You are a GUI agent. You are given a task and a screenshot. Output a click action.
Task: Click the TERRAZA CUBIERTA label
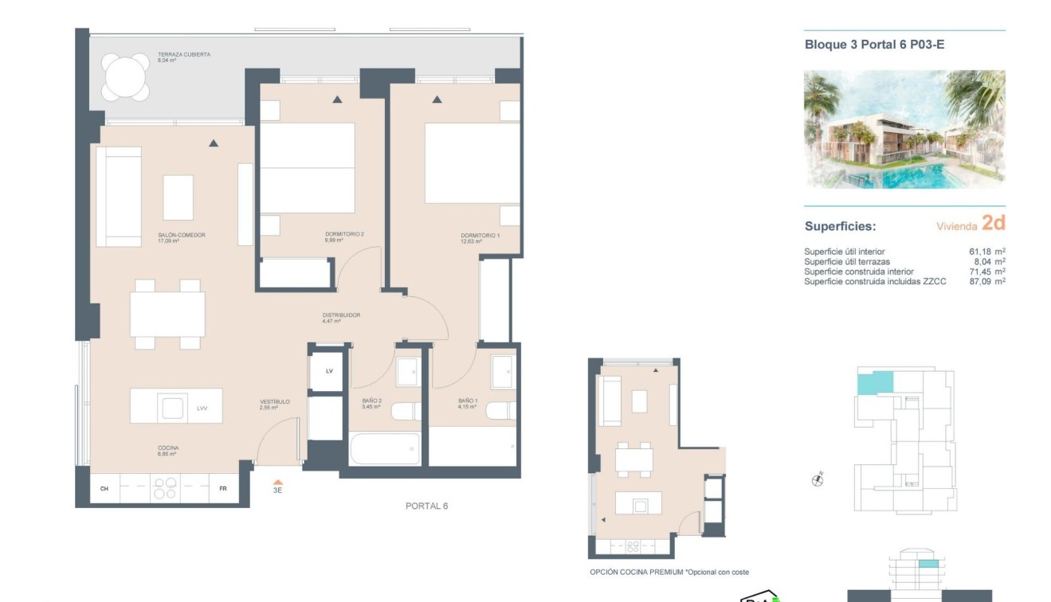[x=183, y=54]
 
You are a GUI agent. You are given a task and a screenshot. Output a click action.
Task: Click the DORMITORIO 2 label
[x=344, y=234]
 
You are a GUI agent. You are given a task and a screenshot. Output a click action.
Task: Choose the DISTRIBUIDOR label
[x=341, y=315]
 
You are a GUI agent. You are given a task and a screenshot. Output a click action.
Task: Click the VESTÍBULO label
[x=275, y=402]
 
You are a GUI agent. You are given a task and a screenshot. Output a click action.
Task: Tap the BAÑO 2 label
[x=370, y=401]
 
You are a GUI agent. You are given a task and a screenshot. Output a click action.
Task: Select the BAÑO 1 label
[x=468, y=401]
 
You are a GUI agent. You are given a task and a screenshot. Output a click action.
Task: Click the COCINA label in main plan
[x=167, y=448]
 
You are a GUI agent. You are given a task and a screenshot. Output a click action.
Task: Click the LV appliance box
[x=329, y=371]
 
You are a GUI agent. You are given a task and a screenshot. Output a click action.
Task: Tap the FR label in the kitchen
[x=223, y=488]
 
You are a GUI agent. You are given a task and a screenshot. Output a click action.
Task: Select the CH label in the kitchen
[x=104, y=488]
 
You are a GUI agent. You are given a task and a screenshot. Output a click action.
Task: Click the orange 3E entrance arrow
[x=277, y=483]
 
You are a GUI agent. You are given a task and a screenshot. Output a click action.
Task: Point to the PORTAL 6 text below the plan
[x=426, y=506]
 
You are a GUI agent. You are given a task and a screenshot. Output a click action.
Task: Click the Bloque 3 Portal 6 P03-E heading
[x=874, y=45]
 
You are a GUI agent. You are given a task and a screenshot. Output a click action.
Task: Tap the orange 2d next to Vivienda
[x=993, y=223]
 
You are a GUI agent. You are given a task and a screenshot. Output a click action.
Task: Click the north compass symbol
[x=817, y=479]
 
